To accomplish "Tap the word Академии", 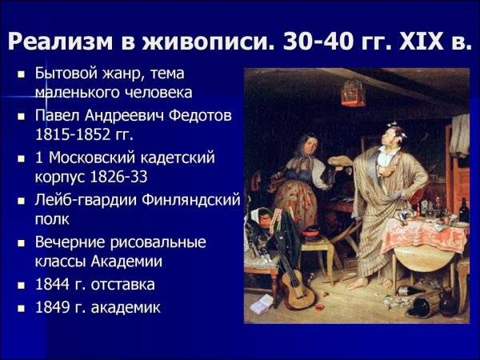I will (x=125, y=260).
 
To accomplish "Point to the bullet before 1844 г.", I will (x=22, y=285).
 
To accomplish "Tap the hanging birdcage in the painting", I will (x=353, y=93).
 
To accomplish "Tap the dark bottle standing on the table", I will (x=464, y=210).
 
